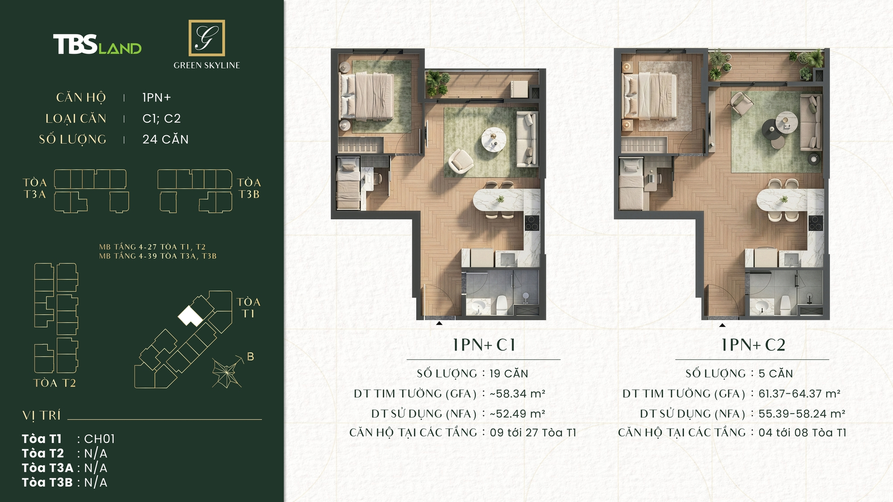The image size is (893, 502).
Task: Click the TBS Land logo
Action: pos(97,45)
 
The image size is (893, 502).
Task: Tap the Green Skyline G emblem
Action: pos(207,38)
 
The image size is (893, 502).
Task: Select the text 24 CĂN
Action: pos(166,139)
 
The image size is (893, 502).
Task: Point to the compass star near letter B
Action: pos(227,373)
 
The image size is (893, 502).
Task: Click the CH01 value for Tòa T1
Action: pos(100,439)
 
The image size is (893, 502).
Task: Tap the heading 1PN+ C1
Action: pos(484,345)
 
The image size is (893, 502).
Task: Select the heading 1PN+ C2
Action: pos(753,345)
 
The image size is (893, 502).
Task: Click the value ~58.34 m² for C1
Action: pos(518,394)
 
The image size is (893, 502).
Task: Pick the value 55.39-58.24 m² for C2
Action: pos(802,414)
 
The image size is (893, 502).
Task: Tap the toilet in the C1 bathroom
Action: pos(502,304)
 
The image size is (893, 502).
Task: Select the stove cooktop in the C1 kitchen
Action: pos(532,224)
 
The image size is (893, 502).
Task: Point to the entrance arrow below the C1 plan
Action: pos(439,323)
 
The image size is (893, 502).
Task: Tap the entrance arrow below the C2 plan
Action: pos(722,325)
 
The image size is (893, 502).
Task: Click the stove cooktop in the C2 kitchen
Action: pos(815,224)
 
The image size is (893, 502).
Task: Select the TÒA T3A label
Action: pos(35,188)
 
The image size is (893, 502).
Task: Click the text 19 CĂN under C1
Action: pos(509,374)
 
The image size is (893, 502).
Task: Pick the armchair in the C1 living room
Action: pos(461,160)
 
